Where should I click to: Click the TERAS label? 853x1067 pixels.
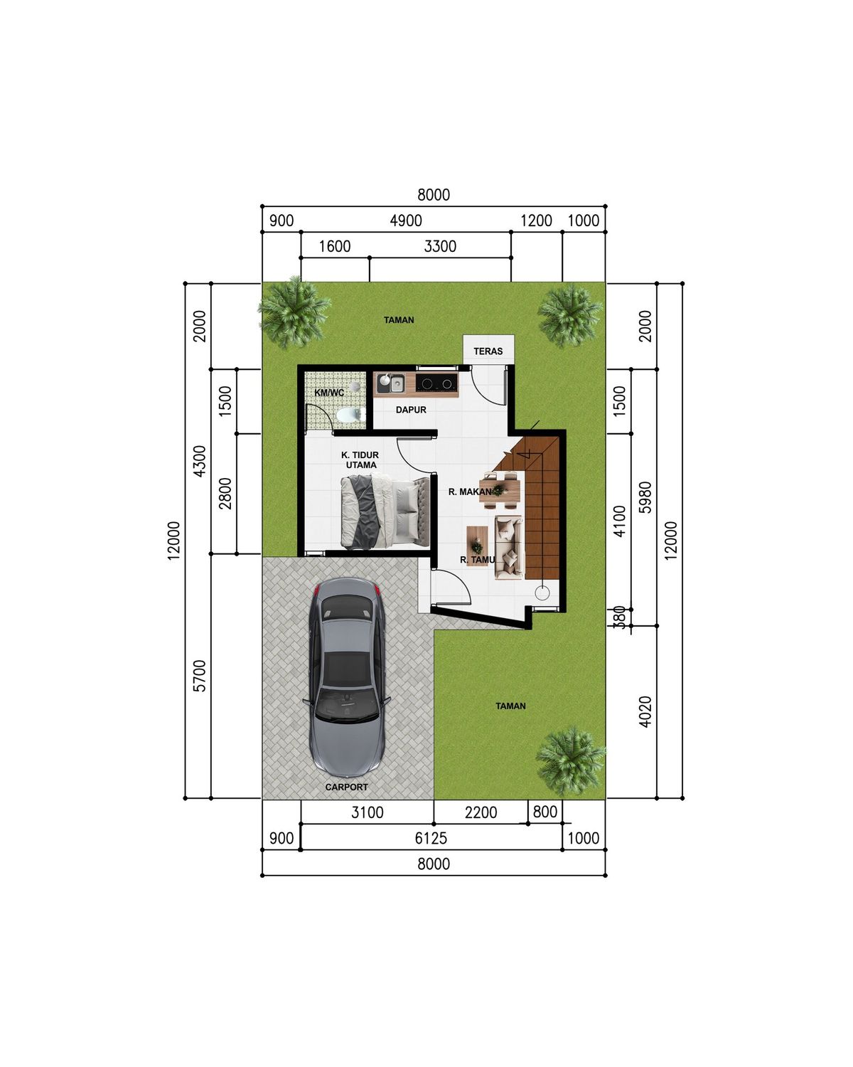click(x=488, y=351)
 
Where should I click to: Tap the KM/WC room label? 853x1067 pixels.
click(x=329, y=393)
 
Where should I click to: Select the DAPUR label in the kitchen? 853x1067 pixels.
click(x=411, y=410)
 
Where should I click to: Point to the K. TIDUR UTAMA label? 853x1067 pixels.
click(x=360, y=460)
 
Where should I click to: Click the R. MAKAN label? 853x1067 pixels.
click(x=470, y=492)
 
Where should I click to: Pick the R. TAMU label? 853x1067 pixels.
click(x=477, y=560)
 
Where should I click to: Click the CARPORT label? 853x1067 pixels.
click(x=346, y=787)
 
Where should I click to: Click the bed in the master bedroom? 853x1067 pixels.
click(x=385, y=511)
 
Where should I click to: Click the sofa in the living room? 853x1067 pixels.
click(x=509, y=548)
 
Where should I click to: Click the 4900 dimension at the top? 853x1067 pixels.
click(x=405, y=221)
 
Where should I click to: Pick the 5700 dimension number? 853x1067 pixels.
click(x=199, y=676)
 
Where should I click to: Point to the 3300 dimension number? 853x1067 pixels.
click(x=440, y=246)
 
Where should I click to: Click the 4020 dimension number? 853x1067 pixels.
click(x=645, y=711)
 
